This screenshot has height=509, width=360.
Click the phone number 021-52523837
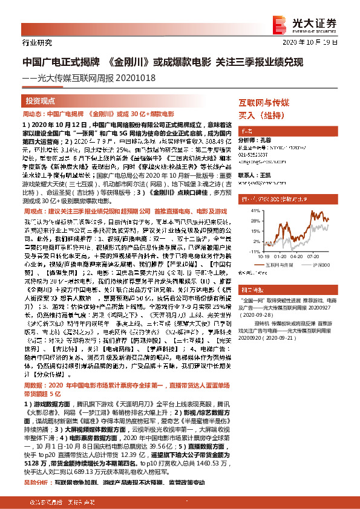tap(255, 154)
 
